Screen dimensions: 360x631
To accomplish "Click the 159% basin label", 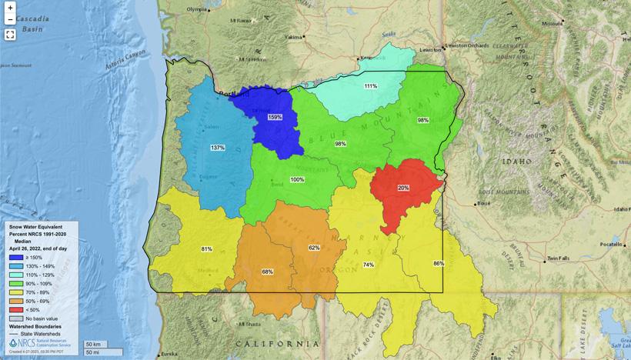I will click(x=275, y=117).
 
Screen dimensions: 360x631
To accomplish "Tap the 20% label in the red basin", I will click(x=403, y=188).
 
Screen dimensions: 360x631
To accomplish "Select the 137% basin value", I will click(x=217, y=147).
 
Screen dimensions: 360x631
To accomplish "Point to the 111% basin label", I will click(x=371, y=86).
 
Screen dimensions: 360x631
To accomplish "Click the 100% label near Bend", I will click(x=297, y=179).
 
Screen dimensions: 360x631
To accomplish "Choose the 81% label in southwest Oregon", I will click(x=206, y=249).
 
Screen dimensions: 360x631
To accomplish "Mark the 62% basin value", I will click(x=314, y=248).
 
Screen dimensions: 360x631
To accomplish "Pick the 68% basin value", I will click(x=267, y=272).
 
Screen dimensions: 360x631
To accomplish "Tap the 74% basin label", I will click(x=369, y=265).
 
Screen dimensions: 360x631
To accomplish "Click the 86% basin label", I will click(x=439, y=264).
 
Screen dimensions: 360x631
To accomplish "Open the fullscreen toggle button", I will click(x=10, y=34).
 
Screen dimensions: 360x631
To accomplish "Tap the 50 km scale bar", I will click(x=93, y=344).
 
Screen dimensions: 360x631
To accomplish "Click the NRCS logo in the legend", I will click(x=13, y=342).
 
